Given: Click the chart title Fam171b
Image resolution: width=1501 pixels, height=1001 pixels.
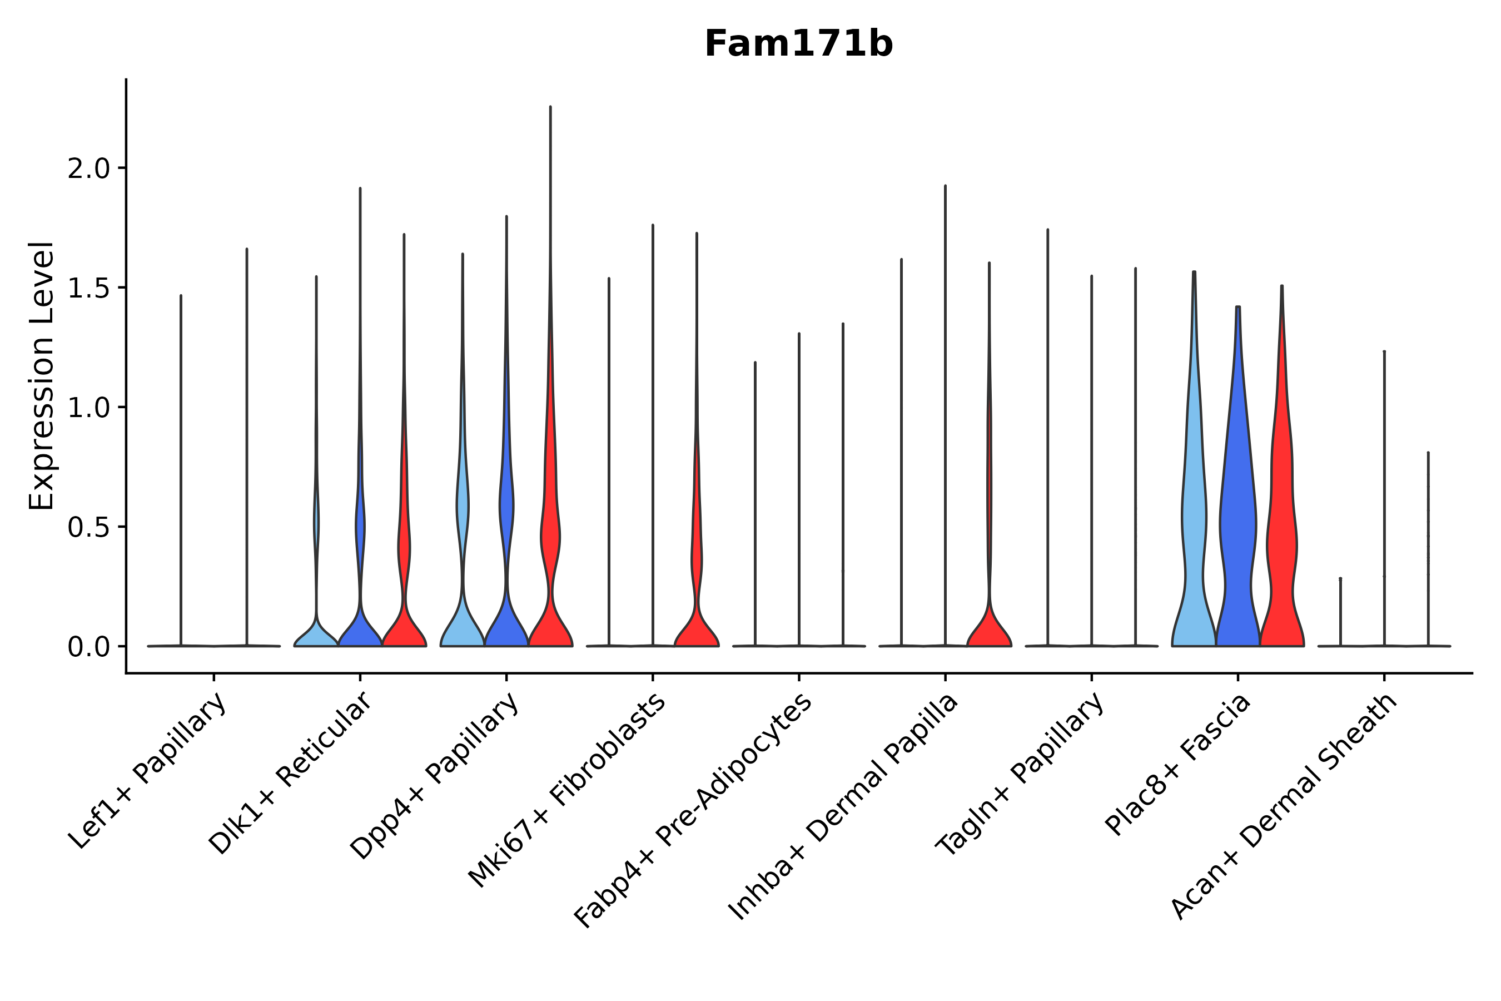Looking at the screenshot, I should pos(798,44).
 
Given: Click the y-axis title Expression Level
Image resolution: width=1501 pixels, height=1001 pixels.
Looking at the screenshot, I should pos(42,375).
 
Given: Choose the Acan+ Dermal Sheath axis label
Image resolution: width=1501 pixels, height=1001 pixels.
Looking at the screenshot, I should pos(1284,807).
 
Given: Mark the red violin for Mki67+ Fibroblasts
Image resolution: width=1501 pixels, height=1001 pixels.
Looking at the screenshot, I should pos(696,613).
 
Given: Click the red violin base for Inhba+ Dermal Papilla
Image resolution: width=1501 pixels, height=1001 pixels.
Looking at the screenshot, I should pos(989,629).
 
